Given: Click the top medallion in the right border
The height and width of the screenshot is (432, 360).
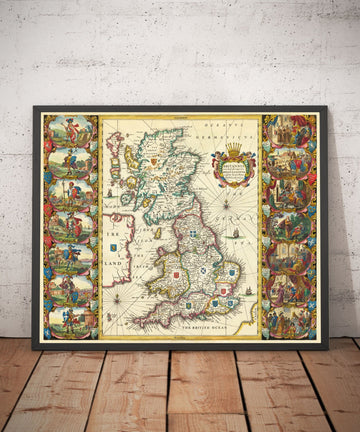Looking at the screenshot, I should click(288, 132).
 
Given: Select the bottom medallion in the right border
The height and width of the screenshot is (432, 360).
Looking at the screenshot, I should click(288, 320).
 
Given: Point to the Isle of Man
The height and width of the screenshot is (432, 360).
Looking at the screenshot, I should click(157, 232).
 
